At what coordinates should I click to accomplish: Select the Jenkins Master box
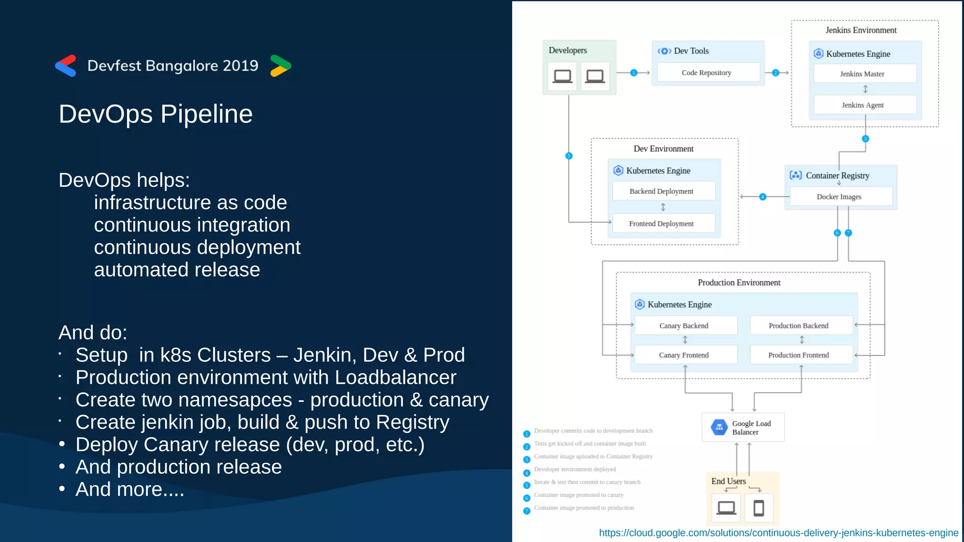pyautogui.click(x=864, y=74)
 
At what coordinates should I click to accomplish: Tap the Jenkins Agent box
pyautogui.click(x=864, y=105)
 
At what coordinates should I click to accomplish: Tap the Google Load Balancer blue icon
pyautogui.click(x=719, y=427)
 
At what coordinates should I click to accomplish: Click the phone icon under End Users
pyautogui.click(x=758, y=508)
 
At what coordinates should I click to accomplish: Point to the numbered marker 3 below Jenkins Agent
pyautogui.click(x=865, y=139)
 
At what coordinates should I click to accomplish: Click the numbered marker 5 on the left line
pyautogui.click(x=569, y=156)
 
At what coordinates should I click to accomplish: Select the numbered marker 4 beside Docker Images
pyautogui.click(x=763, y=197)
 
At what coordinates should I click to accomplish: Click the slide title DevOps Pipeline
pyautogui.click(x=155, y=114)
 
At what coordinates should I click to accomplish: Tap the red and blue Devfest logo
pyautogui.click(x=66, y=65)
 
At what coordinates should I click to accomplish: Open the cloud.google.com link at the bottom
pyautogui.click(x=778, y=533)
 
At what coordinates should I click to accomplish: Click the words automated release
pyautogui.click(x=177, y=270)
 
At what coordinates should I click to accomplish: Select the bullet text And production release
pyautogui.click(x=178, y=467)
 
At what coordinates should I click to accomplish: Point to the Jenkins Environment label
pyautogui.click(x=860, y=30)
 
